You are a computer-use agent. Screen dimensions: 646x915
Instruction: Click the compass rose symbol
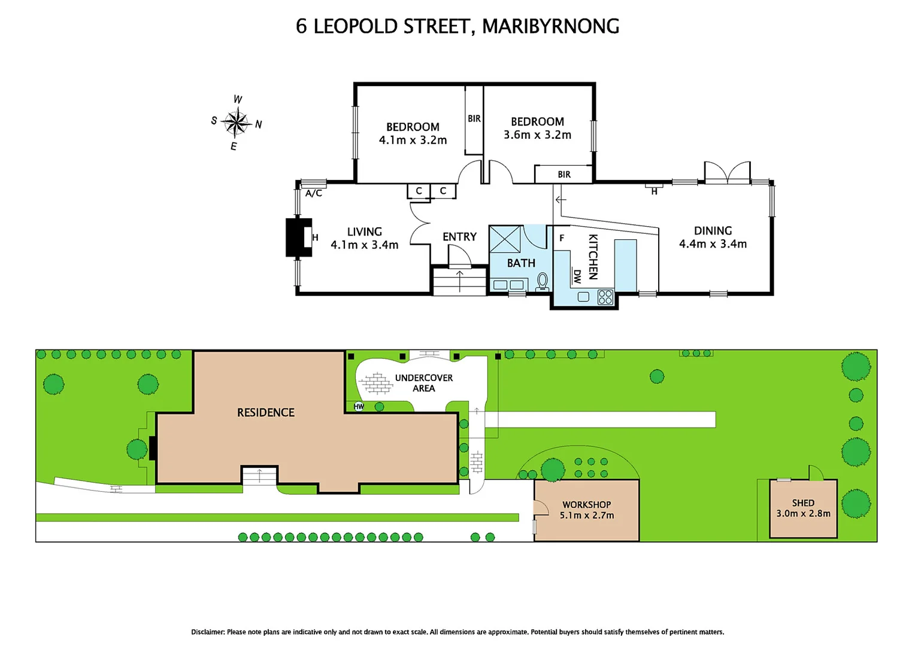pos(237,123)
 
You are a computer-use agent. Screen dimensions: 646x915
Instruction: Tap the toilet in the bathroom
pos(543,281)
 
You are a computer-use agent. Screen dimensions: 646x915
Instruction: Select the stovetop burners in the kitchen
pos(605,297)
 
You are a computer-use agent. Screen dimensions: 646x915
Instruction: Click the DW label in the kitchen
pos(577,276)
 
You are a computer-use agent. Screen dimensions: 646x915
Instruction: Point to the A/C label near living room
pos(314,193)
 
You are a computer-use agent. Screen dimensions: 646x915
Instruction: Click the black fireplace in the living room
pos(298,237)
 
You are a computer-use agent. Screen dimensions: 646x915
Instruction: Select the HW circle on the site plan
pos(359,407)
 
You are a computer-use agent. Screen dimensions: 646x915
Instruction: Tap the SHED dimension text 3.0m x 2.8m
pos(803,514)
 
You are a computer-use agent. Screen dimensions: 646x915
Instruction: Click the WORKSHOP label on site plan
pos(586,504)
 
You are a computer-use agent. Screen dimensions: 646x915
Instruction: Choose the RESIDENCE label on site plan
pos(266,413)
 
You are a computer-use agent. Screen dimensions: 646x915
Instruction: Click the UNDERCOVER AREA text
pos(423,383)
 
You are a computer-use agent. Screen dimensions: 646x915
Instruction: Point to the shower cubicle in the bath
pos(505,239)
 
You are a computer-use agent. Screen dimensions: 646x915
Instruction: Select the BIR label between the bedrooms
pos(474,118)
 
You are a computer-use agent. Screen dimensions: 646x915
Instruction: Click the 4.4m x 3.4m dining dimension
pos(713,244)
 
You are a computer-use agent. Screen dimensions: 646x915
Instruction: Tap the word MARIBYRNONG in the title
pos(550,26)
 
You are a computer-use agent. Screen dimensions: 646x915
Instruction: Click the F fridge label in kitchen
pos(562,238)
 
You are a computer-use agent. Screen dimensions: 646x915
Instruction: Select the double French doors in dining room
pos(727,173)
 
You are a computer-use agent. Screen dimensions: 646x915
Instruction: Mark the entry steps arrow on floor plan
pos(460,281)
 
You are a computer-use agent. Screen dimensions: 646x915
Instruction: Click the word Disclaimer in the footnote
pos(207,632)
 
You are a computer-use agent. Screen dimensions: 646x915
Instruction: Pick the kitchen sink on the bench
pos(583,297)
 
